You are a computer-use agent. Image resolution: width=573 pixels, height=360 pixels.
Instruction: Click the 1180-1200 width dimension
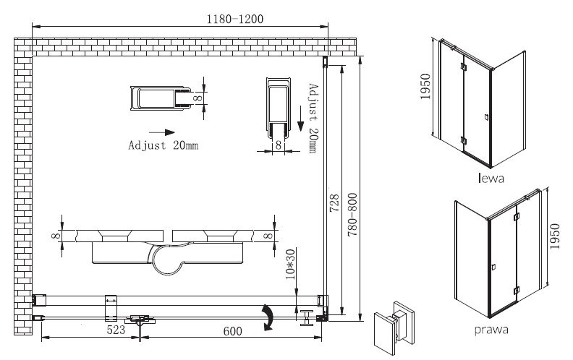[x=235, y=19]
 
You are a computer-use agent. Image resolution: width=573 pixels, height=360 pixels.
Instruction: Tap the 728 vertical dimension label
[x=334, y=203]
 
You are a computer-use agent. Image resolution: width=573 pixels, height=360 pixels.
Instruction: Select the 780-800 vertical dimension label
[x=352, y=215]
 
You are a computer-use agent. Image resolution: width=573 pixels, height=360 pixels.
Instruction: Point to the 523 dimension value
[x=116, y=330]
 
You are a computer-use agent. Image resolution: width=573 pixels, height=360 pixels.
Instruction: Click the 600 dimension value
[x=233, y=331]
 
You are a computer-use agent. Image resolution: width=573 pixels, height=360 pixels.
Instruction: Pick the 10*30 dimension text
[x=291, y=264]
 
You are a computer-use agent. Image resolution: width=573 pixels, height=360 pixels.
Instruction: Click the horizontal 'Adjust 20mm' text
[x=164, y=145]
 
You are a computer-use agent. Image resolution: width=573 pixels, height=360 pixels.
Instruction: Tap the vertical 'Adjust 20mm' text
[x=313, y=119]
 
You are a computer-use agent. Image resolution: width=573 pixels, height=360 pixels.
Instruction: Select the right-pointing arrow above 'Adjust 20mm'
[x=162, y=132]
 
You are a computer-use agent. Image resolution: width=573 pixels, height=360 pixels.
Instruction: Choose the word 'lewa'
[x=491, y=178]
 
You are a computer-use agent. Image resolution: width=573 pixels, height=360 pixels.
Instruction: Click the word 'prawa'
[x=491, y=330]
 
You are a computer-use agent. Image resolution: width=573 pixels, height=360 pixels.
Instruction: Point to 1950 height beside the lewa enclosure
[x=425, y=87]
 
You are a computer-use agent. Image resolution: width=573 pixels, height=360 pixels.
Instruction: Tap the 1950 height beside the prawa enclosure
[x=554, y=236]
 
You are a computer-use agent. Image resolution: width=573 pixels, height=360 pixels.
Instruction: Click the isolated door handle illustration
[x=395, y=328]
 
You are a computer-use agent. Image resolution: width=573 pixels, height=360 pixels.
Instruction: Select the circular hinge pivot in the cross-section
[x=166, y=260]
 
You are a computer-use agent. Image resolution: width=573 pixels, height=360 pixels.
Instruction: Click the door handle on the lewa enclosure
[x=486, y=117]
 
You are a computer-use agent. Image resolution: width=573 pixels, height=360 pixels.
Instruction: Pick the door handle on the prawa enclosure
[x=493, y=267]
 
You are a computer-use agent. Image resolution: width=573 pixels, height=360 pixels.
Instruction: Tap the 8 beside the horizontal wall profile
[x=198, y=98]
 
